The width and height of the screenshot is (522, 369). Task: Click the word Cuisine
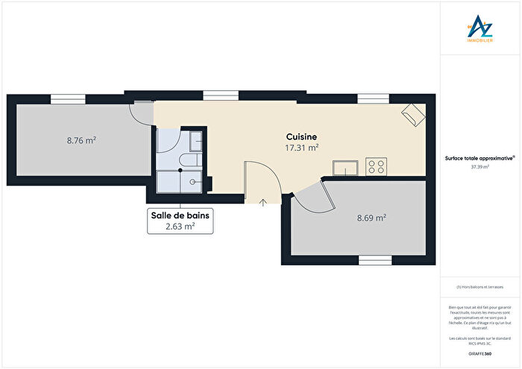click(302, 137)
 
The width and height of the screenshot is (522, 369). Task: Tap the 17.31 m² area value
click(302, 148)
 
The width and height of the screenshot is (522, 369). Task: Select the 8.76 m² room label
click(81, 139)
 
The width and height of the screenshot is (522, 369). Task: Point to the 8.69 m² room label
click(371, 218)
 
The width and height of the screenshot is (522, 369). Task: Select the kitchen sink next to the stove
click(347, 167)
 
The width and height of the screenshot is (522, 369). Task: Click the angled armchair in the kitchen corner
click(413, 113)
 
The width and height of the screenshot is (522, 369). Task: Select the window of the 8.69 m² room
click(370, 261)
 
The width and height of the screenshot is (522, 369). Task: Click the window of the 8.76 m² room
click(68, 97)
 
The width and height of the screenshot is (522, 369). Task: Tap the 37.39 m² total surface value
click(479, 167)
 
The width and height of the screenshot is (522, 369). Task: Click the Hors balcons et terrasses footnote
click(479, 287)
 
